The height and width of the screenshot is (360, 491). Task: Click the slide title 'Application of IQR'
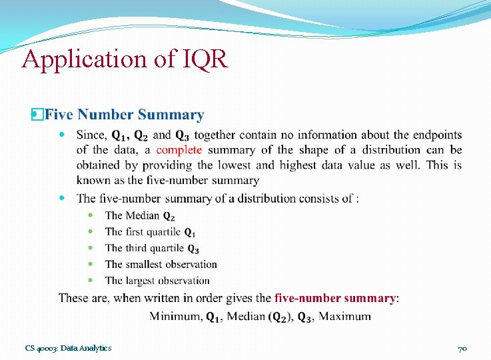click(125, 59)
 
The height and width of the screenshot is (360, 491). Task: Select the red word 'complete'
click(179, 150)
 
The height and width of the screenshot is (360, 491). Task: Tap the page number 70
click(462, 349)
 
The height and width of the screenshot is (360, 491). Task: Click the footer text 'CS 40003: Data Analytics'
click(68, 348)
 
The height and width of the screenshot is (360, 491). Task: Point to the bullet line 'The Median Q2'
click(140, 215)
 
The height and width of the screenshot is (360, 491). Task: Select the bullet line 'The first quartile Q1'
click(151, 232)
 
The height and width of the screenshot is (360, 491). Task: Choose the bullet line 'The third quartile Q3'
click(152, 248)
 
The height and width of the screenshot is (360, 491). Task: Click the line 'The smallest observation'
click(161, 265)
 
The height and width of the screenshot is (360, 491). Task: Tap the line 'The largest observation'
click(157, 281)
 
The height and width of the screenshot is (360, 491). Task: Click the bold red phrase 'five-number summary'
click(335, 298)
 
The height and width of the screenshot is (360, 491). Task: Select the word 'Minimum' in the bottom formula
click(175, 316)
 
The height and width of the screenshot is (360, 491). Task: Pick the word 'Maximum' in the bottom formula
click(344, 316)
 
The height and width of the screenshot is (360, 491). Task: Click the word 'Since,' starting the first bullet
click(91, 135)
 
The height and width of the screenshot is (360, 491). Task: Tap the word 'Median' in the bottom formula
click(245, 316)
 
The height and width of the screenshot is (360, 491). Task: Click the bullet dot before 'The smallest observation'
click(91, 265)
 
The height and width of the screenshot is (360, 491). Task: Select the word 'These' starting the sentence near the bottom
click(73, 298)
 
